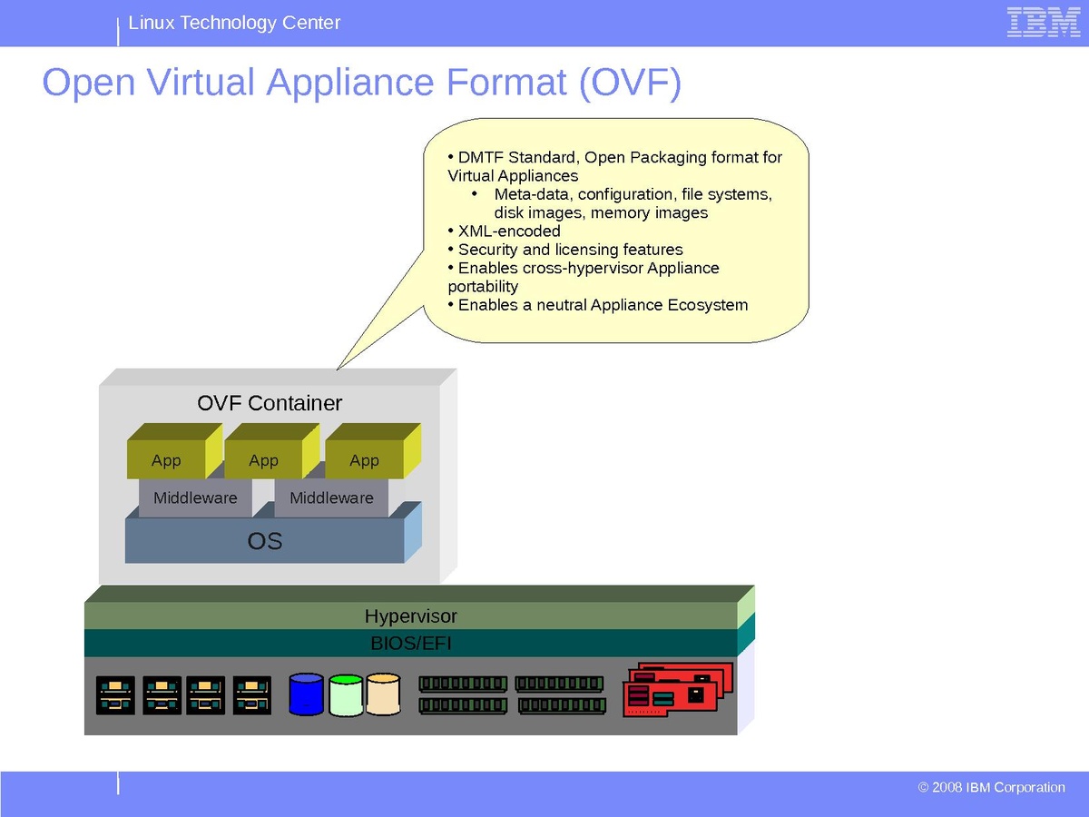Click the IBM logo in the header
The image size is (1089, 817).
(x=1043, y=23)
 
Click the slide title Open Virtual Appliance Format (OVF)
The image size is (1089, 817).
(x=361, y=83)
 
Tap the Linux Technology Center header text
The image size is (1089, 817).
(x=234, y=23)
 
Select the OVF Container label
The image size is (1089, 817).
(x=270, y=403)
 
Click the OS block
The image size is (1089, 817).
(x=265, y=542)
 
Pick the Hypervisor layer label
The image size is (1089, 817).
(x=410, y=616)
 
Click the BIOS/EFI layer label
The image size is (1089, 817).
(x=410, y=644)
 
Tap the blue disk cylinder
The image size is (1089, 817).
(x=306, y=694)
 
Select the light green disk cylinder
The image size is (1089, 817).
(x=346, y=695)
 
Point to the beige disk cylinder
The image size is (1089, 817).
(x=383, y=694)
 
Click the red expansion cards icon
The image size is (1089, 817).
(x=676, y=692)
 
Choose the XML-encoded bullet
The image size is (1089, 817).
(x=509, y=231)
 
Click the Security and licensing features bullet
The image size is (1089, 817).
(x=570, y=250)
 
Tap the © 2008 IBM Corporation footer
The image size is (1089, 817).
(x=991, y=787)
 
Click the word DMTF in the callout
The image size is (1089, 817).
(x=480, y=158)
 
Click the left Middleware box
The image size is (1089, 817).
(x=195, y=497)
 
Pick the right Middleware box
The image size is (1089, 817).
(x=331, y=497)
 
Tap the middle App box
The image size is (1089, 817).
(x=263, y=461)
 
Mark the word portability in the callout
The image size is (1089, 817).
(x=483, y=287)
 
